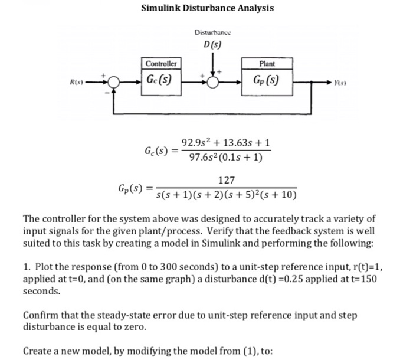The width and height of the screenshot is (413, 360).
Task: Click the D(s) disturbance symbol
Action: click(212, 45)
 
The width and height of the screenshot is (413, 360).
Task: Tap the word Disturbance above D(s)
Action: click(212, 32)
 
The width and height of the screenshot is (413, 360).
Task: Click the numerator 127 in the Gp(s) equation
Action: click(226, 180)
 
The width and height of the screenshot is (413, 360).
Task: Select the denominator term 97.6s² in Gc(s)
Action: click(201, 158)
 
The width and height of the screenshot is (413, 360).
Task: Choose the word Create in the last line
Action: click(38, 351)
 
